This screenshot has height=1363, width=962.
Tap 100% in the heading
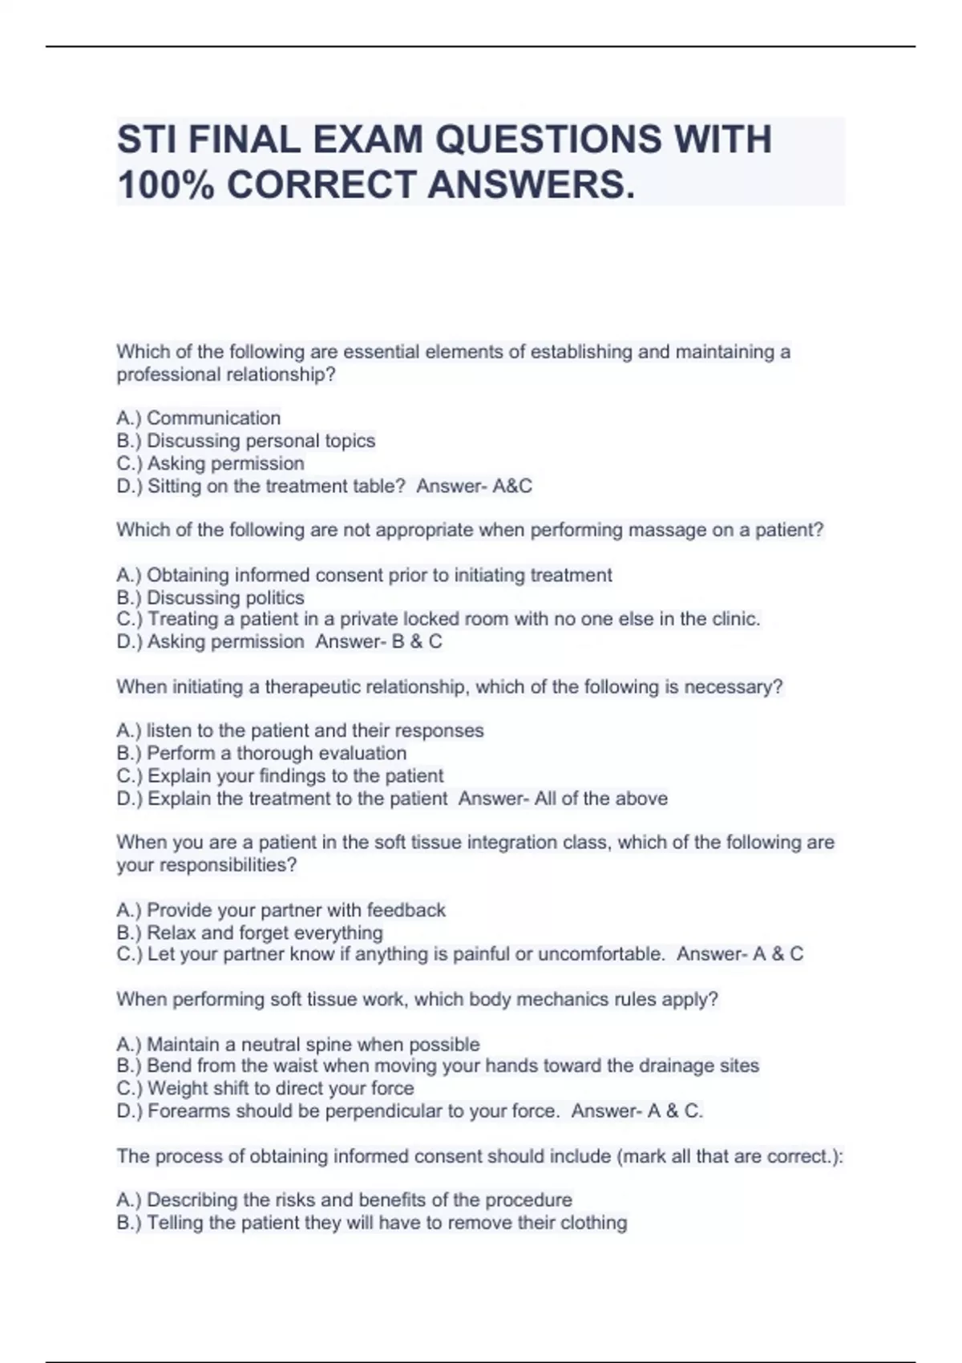coord(165,185)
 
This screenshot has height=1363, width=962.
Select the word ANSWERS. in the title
coord(531,185)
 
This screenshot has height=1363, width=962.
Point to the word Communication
coord(213,418)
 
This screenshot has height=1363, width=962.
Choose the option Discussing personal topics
coord(261,440)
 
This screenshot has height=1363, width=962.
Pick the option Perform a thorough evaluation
coord(277,753)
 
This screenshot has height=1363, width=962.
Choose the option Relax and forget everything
coord(265,932)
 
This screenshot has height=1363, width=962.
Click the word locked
coord(431,619)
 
